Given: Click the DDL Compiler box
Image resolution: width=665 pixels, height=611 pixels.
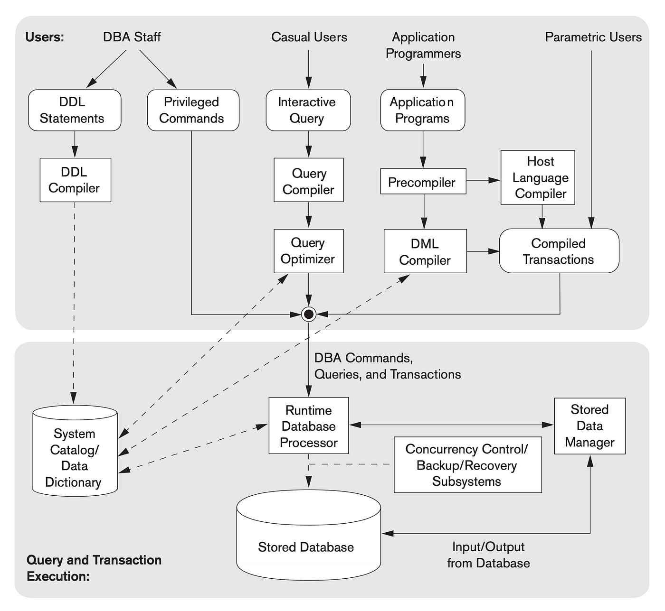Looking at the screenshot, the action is (75, 180).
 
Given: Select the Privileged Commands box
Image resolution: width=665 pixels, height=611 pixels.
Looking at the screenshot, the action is (193, 110).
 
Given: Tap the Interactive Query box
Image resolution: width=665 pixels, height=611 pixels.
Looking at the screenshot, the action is (308, 110).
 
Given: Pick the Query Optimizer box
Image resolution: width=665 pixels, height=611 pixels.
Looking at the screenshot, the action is (308, 251).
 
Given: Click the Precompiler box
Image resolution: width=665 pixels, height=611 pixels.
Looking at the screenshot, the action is (423, 181).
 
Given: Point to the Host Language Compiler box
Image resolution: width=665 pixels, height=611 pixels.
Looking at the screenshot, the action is (538, 177).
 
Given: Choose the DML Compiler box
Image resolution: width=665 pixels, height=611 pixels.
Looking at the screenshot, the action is (425, 251).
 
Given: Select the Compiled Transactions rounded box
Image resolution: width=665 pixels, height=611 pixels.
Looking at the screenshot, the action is (559, 250).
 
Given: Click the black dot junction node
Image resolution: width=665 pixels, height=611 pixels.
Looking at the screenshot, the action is (309, 314).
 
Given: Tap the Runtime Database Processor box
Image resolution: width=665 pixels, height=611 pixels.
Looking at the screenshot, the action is (308, 426).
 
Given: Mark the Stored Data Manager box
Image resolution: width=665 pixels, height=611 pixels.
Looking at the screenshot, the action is (590, 426).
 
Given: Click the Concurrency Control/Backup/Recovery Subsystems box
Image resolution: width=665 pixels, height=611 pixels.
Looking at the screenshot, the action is (467, 465).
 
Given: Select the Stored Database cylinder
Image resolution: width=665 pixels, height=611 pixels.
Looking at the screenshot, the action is (308, 535).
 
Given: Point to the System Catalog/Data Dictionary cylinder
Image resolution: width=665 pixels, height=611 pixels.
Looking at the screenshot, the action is (75, 451).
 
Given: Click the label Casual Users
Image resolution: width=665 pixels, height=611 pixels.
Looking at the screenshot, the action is (309, 37).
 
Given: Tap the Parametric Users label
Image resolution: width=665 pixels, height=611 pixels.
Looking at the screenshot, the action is (593, 37).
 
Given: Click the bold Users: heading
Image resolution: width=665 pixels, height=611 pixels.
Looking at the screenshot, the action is (45, 37).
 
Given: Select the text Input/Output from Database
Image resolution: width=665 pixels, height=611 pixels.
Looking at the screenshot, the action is (488, 555).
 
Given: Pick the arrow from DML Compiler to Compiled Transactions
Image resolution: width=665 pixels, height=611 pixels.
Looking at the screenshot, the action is (483, 251).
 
